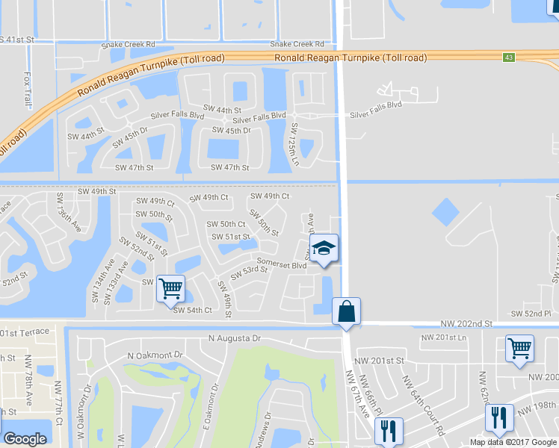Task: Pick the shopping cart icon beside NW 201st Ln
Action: click(520, 348)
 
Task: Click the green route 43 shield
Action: click(508, 57)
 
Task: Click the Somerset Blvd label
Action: click(282, 264)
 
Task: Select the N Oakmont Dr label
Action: click(155, 355)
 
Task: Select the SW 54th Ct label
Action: click(193, 310)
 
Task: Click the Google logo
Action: click(25, 439)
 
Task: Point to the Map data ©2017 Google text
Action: click(513, 442)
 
